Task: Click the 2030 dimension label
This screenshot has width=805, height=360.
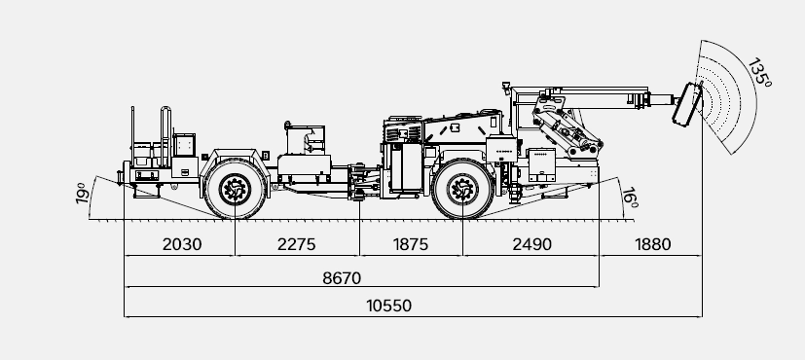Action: tap(182, 244)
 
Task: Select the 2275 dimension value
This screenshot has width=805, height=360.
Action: tap(296, 244)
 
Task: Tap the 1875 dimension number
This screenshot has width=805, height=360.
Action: tap(410, 244)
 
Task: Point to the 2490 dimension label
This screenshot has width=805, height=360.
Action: tap(531, 244)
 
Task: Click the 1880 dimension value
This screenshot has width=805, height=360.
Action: tap(652, 244)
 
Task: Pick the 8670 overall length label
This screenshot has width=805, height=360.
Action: tap(342, 278)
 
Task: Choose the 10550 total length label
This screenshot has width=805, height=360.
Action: tap(388, 306)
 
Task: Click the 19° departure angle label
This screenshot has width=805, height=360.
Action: tap(82, 194)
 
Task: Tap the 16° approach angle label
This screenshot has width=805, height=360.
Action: tap(630, 198)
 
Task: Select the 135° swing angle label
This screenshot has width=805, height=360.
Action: tap(759, 73)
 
